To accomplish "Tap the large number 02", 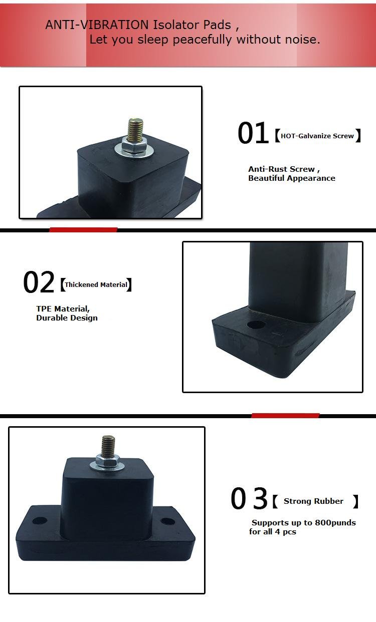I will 39,282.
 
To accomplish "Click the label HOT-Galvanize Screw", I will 317,136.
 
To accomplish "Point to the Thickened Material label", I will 96,285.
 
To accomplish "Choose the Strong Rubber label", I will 313,501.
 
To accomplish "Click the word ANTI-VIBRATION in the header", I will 97,25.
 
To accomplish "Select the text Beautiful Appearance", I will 291,178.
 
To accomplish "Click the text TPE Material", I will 63,308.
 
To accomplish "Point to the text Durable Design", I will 67,318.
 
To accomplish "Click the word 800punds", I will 335,522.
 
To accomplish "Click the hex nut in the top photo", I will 134,147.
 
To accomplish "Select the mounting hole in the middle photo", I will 256,325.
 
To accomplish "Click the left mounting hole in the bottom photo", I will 40,520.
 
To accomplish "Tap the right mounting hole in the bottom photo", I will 167,521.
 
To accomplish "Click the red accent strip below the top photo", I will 83,230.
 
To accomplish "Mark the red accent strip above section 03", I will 285,416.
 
